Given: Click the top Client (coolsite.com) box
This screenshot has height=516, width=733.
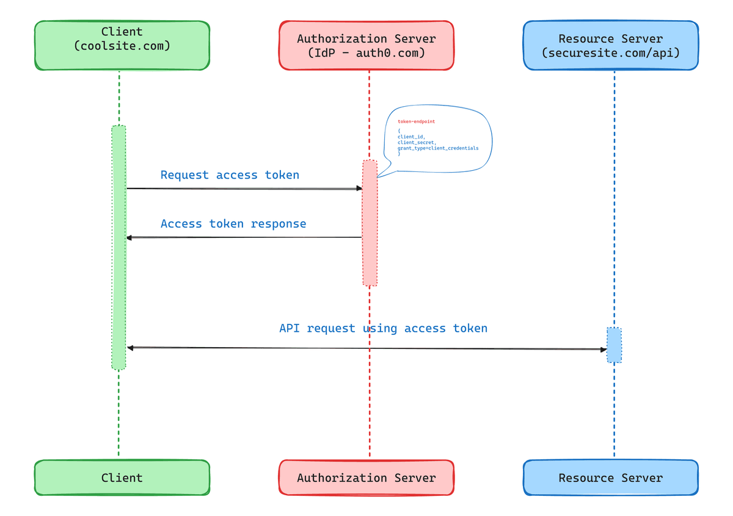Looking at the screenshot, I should (122, 45).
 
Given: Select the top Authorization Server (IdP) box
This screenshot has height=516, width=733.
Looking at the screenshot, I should (366, 45).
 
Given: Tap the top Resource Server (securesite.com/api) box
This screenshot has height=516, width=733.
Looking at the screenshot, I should (610, 45).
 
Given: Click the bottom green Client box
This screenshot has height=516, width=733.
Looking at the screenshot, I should (122, 478).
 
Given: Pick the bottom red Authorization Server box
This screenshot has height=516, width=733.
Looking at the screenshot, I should (366, 478).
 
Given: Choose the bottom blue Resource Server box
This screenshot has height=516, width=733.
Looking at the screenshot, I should (610, 478).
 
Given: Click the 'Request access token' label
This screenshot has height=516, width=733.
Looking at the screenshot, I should (230, 175).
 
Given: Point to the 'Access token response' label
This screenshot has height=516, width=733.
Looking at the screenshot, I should (233, 224).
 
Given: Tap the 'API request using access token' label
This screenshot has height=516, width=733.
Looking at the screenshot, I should (383, 328).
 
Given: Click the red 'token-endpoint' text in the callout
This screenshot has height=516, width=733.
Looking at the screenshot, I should (416, 121).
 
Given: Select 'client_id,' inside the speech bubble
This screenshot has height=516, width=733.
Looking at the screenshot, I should (411, 137).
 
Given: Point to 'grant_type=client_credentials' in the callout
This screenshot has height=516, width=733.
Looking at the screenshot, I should (438, 148).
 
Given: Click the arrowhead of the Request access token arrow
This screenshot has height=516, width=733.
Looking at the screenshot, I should (359, 188).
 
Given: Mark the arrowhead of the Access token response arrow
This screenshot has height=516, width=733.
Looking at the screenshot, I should (129, 237).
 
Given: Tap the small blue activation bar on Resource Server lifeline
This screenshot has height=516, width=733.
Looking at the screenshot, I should (614, 345).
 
